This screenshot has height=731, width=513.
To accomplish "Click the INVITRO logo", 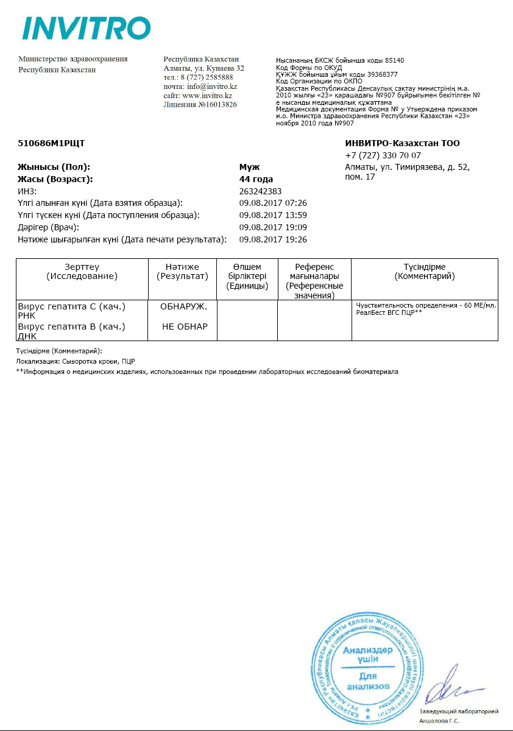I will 86,28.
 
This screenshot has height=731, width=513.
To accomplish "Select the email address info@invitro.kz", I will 212,87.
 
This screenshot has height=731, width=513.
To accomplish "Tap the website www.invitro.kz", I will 207,96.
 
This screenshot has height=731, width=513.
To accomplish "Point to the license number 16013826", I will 216,105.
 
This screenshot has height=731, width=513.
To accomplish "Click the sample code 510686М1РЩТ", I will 51,144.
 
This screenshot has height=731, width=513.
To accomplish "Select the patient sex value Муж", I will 250,166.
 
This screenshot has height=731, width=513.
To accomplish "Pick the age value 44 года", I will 256,179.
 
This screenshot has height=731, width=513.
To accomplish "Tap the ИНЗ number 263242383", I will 261,191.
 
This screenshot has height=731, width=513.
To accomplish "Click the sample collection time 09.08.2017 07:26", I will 273,203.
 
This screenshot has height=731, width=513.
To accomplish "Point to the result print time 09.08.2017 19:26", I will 273,239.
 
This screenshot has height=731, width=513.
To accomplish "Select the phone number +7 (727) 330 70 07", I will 383,155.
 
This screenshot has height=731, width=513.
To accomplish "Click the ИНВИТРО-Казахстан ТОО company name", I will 402,144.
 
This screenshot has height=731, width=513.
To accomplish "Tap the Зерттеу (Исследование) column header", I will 82,271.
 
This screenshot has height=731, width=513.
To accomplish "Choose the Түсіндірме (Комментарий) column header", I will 425,271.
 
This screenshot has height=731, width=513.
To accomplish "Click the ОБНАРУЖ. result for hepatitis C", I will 184,306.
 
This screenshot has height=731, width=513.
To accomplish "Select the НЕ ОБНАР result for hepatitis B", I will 185,327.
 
